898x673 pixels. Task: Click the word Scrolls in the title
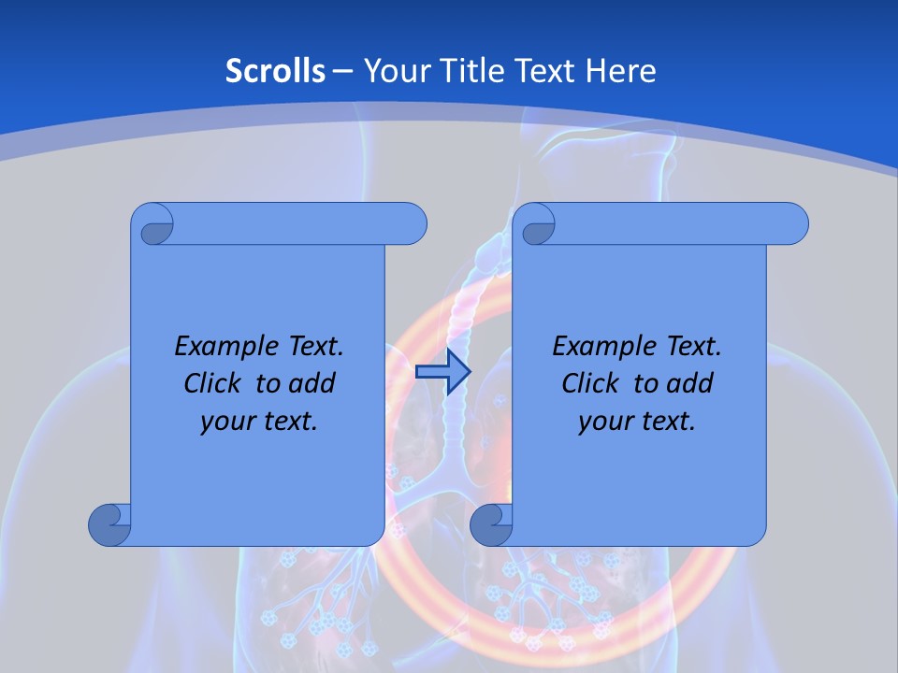tap(276, 71)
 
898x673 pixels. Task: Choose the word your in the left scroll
tap(225, 422)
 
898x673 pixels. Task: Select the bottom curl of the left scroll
tap(108, 524)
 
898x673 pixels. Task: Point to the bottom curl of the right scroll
tap(489, 524)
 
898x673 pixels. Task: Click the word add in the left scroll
tap(312, 383)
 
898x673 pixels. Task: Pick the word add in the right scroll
tap(690, 383)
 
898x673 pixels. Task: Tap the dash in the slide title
tap(343, 71)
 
